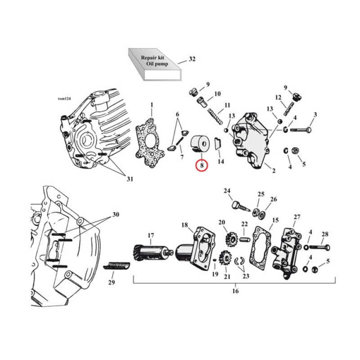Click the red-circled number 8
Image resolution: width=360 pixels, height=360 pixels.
(202, 166)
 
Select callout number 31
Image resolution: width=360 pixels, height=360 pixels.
(130, 179)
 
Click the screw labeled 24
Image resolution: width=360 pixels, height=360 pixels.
(238, 207)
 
